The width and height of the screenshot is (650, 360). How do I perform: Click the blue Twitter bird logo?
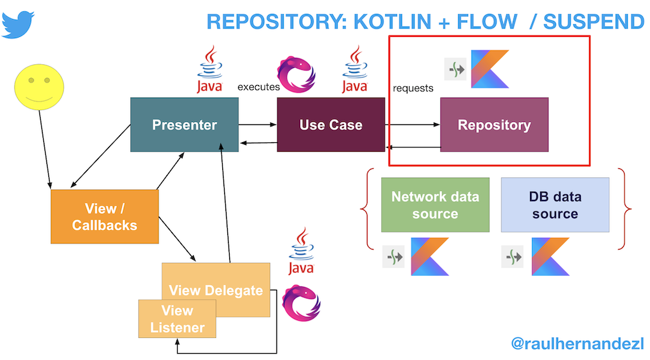(x=18, y=25)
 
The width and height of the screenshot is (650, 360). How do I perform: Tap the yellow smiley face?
(x=39, y=87)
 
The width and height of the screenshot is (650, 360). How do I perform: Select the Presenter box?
(x=185, y=124)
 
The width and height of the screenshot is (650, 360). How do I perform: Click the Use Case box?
(x=331, y=124)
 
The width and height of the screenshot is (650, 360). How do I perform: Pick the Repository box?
(x=494, y=124)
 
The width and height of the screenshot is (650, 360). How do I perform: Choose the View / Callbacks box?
(x=105, y=217)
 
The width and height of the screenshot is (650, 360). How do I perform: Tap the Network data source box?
(x=435, y=205)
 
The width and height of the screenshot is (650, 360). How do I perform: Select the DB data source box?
(x=555, y=205)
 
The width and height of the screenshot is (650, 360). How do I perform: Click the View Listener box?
(x=177, y=319)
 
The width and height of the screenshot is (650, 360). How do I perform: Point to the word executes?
(x=258, y=87)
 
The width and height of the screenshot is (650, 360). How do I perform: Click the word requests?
(x=413, y=88)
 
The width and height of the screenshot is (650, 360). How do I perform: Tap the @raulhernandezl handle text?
(x=578, y=343)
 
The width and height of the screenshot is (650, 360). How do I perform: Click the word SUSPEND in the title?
(x=594, y=22)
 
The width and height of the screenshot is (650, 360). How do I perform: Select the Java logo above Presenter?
(x=209, y=69)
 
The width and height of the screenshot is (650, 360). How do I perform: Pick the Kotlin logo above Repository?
(x=490, y=69)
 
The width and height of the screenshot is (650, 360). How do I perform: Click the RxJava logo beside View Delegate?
(x=302, y=303)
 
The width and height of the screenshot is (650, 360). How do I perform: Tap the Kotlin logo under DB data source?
(x=550, y=257)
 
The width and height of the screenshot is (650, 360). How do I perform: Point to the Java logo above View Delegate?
(x=302, y=251)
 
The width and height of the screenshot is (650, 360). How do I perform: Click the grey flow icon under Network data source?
(x=394, y=257)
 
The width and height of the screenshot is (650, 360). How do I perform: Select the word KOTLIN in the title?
(x=392, y=22)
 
